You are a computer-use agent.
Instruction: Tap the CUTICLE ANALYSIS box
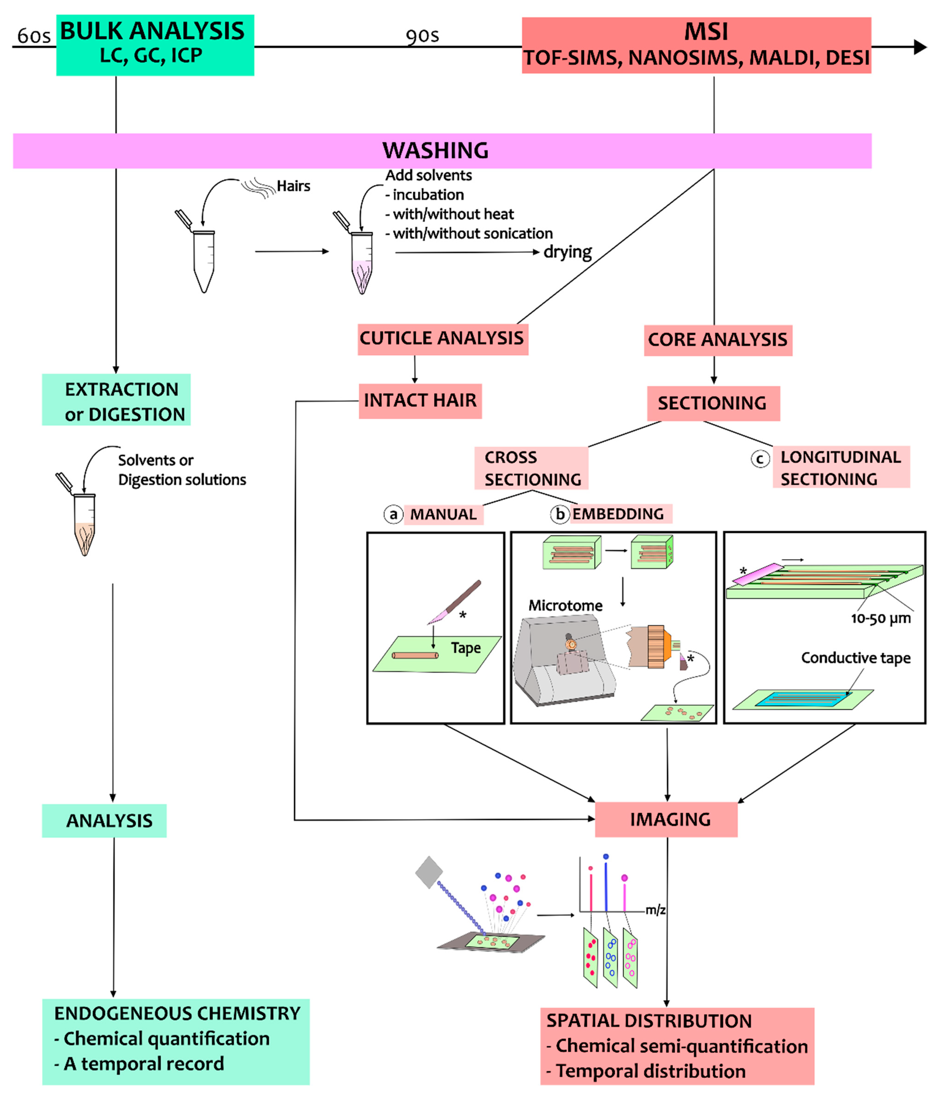pyautogui.click(x=443, y=339)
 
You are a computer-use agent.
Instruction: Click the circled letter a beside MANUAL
pyautogui.click(x=393, y=514)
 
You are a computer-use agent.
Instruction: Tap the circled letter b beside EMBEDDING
pyautogui.click(x=560, y=514)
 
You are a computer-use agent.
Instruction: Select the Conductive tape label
pyautogui.click(x=856, y=658)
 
